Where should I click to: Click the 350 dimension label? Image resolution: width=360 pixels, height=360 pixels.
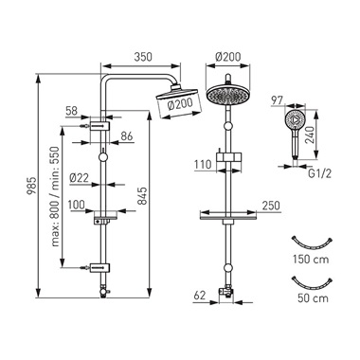click(143, 57)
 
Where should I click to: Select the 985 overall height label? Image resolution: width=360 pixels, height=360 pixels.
click(31, 186)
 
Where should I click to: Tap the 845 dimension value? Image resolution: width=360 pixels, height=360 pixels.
click(143, 196)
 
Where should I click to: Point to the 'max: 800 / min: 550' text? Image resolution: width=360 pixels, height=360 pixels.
click(56, 196)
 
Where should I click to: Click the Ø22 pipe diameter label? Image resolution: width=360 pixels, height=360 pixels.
click(79, 178)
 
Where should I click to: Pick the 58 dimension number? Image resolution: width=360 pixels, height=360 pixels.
click(72, 111)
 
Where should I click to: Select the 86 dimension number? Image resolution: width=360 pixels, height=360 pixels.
click(127, 136)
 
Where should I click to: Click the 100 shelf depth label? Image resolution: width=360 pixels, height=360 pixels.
click(77, 205)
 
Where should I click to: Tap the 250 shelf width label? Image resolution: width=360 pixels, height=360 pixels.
click(271, 206)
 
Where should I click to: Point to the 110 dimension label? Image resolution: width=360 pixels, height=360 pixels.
click(203, 164)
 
